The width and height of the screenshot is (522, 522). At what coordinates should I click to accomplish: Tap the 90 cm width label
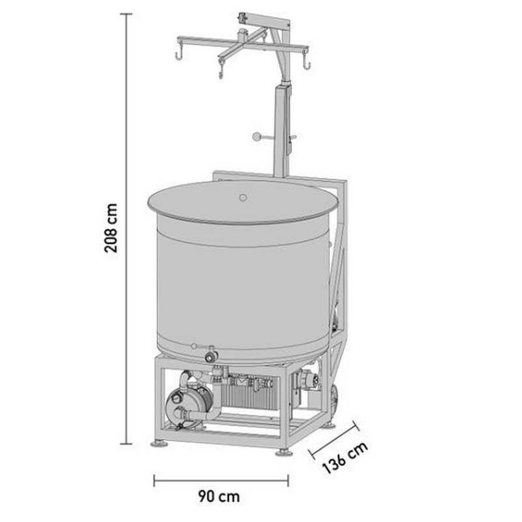(219, 497)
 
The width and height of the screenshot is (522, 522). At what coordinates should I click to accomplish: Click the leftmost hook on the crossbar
(178, 55)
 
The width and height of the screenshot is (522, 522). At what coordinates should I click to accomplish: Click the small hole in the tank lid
(243, 197)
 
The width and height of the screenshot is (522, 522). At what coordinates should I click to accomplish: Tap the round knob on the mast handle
(257, 137)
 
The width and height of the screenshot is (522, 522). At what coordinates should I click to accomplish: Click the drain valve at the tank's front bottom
(211, 356)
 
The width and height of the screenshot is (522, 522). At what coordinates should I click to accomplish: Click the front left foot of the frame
(159, 444)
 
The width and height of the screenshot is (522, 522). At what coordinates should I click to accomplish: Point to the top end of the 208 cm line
(126, 14)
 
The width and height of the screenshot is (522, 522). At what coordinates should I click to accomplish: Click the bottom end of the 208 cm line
(126, 444)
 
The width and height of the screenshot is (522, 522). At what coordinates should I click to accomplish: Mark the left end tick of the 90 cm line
(154, 481)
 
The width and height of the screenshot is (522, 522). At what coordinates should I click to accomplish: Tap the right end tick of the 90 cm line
(288, 481)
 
